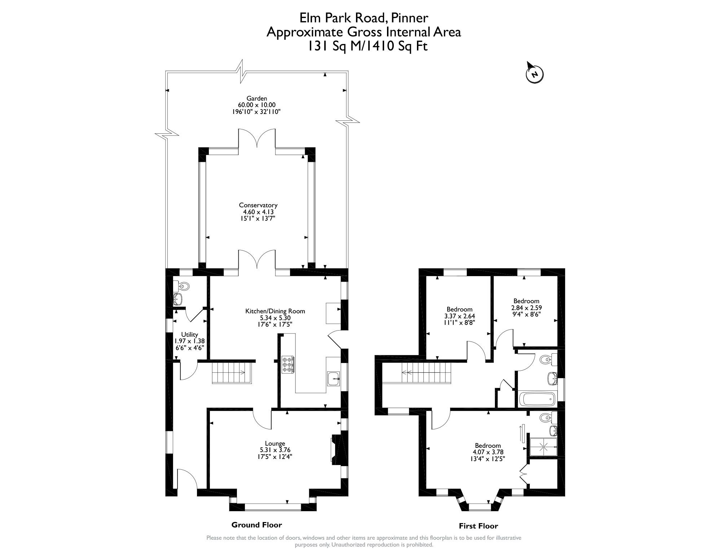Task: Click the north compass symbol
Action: [x=534, y=74]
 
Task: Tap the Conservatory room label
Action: [x=258, y=205]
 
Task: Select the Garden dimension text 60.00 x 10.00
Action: [x=256, y=105]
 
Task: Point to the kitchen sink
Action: [x=333, y=379]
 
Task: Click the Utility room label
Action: [x=190, y=335]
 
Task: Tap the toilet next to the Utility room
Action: [x=183, y=286]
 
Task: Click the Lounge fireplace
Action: [x=335, y=449]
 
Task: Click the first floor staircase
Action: [x=427, y=372]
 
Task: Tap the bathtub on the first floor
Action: [x=537, y=399]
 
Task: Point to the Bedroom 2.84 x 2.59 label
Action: [x=526, y=301]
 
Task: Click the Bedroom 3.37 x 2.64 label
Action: [x=459, y=309]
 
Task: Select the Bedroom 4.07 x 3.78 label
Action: [x=488, y=446]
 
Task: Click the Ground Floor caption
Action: [x=256, y=525]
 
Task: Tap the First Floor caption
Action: [x=478, y=526]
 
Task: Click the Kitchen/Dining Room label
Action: [x=275, y=311]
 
